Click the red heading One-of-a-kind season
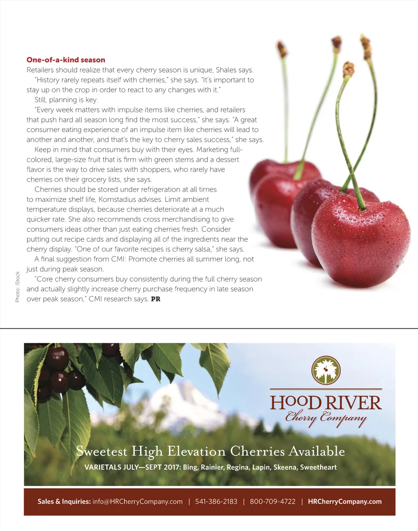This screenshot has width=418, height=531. [x=66, y=60]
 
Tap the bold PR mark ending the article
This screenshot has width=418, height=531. [x=156, y=299]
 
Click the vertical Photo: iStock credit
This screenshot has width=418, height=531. [x=18, y=287]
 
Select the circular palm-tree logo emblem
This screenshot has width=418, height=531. [x=326, y=370]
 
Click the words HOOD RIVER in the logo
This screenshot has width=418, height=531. [x=326, y=403]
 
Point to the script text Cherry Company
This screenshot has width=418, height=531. [x=326, y=418]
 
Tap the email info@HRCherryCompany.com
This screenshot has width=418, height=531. [x=138, y=502]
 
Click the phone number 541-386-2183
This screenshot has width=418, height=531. [x=216, y=502]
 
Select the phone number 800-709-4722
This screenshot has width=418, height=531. [x=272, y=502]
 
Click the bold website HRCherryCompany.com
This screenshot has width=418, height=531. [x=345, y=502]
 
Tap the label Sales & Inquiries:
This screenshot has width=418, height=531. [x=64, y=502]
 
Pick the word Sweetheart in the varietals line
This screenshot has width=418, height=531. [x=318, y=467]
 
